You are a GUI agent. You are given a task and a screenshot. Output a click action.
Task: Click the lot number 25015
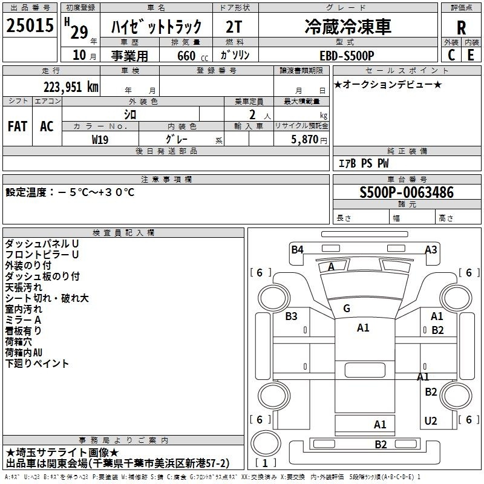(x=30, y=25)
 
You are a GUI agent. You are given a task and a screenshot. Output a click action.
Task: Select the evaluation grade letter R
(x=461, y=27)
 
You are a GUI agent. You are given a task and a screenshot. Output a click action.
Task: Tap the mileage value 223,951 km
(x=71, y=87)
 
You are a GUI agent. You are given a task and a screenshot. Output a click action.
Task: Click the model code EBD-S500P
(x=347, y=56)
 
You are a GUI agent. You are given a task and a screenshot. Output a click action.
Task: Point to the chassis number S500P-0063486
(x=407, y=192)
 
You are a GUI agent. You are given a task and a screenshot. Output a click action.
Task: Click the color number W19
(x=100, y=140)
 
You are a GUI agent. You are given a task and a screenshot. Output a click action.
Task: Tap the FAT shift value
(x=18, y=126)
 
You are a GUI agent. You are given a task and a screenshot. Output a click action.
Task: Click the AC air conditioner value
(x=47, y=126)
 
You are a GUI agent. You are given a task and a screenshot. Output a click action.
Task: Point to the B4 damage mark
(x=297, y=249)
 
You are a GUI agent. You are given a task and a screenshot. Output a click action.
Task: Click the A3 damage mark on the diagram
(x=431, y=249)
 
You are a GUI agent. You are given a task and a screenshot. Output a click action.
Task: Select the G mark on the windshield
(x=347, y=308)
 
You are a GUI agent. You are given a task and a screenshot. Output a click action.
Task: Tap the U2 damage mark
(x=431, y=421)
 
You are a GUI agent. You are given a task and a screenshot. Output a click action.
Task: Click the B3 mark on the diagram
(x=291, y=316)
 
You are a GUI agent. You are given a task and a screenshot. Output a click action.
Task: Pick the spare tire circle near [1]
(x=266, y=443)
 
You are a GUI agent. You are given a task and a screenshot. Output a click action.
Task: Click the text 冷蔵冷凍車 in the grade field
(x=348, y=26)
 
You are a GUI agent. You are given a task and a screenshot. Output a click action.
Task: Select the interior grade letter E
(x=471, y=55)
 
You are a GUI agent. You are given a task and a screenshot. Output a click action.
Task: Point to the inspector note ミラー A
(x=23, y=320)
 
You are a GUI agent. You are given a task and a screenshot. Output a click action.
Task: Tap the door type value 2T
(x=234, y=27)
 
